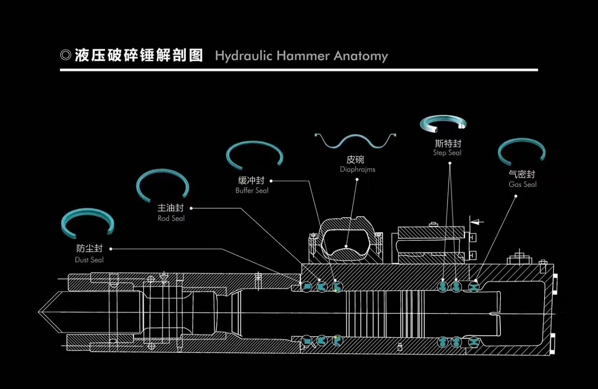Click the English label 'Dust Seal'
[89, 260]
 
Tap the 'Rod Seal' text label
[171, 219]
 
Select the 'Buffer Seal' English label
[252, 190]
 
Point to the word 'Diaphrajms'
[357, 170]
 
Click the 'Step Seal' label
[447, 153]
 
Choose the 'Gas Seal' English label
[522, 184]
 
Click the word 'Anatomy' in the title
[361, 56]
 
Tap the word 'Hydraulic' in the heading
[244, 56]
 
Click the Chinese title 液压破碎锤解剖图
[139, 55]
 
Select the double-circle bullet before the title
[66, 55]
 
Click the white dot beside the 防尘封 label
[111, 249]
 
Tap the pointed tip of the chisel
[39, 311]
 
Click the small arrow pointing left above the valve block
[476, 222]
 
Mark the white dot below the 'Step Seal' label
[450, 163]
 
